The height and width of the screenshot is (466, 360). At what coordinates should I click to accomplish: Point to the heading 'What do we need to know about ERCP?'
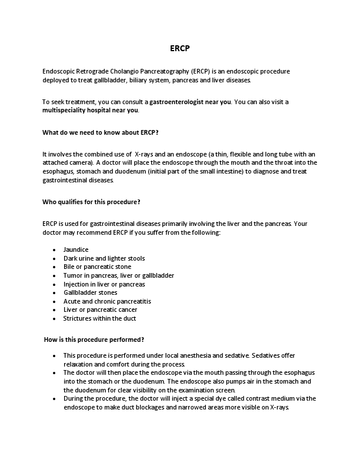point(101,132)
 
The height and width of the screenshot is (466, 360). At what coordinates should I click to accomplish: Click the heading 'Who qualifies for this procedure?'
point(91,202)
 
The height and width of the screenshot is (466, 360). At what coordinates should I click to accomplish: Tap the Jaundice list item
point(76,249)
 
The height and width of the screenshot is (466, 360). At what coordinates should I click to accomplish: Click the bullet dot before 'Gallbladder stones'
point(54,292)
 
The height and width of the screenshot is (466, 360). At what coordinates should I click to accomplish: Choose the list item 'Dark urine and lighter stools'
point(104,258)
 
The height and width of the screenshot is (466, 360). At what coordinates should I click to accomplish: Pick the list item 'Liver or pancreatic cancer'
point(100,309)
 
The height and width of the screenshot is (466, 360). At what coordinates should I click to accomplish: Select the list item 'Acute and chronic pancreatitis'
point(107,301)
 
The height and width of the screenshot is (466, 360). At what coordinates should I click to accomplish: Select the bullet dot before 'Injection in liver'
point(54,284)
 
